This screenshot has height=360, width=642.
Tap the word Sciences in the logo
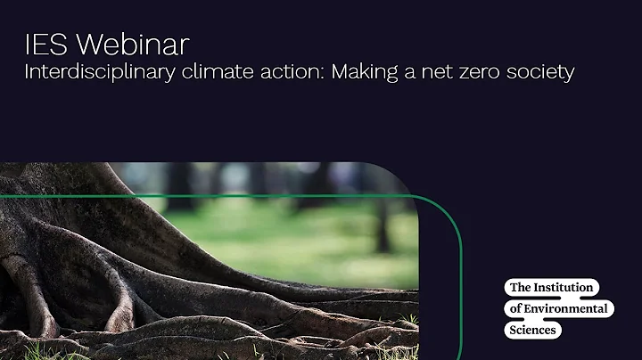[532, 330]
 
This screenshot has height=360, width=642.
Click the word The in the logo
[520, 288]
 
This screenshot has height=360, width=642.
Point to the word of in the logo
[514, 309]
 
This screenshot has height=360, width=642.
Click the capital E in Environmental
[530, 309]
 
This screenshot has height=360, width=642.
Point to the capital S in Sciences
[512, 330]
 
